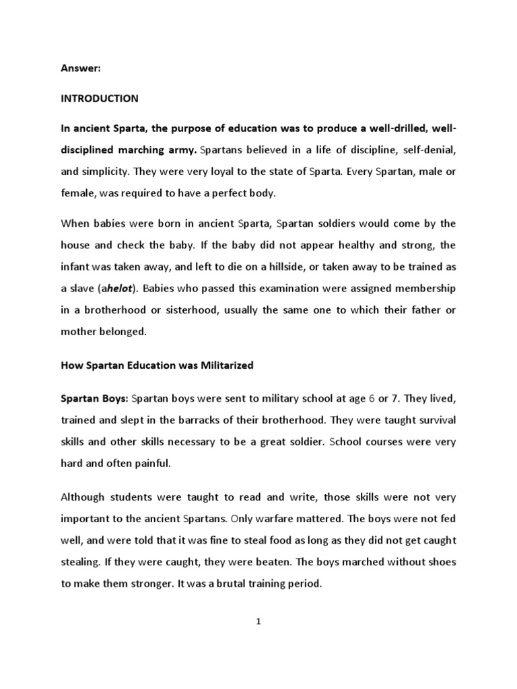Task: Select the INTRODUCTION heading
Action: [100, 98]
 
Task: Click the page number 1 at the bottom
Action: [258, 622]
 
